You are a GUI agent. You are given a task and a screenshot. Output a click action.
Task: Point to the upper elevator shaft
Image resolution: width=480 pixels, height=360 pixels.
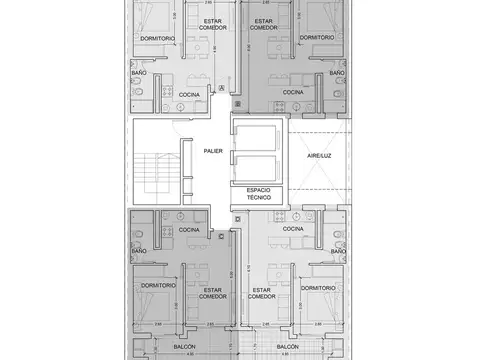(x=257, y=136)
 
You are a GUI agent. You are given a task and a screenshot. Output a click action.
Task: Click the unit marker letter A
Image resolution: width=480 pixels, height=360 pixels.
(x=222, y=89)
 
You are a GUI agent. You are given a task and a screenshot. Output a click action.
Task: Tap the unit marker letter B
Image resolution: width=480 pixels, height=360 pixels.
(x=236, y=102)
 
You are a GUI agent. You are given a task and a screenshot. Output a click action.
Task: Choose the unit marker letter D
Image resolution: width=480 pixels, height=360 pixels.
(x=236, y=218)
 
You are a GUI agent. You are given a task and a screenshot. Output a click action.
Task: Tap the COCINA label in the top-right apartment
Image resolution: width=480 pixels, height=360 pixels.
(x=292, y=92)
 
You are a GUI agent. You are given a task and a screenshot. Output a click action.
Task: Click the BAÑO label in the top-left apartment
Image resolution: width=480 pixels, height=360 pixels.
(x=140, y=73)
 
